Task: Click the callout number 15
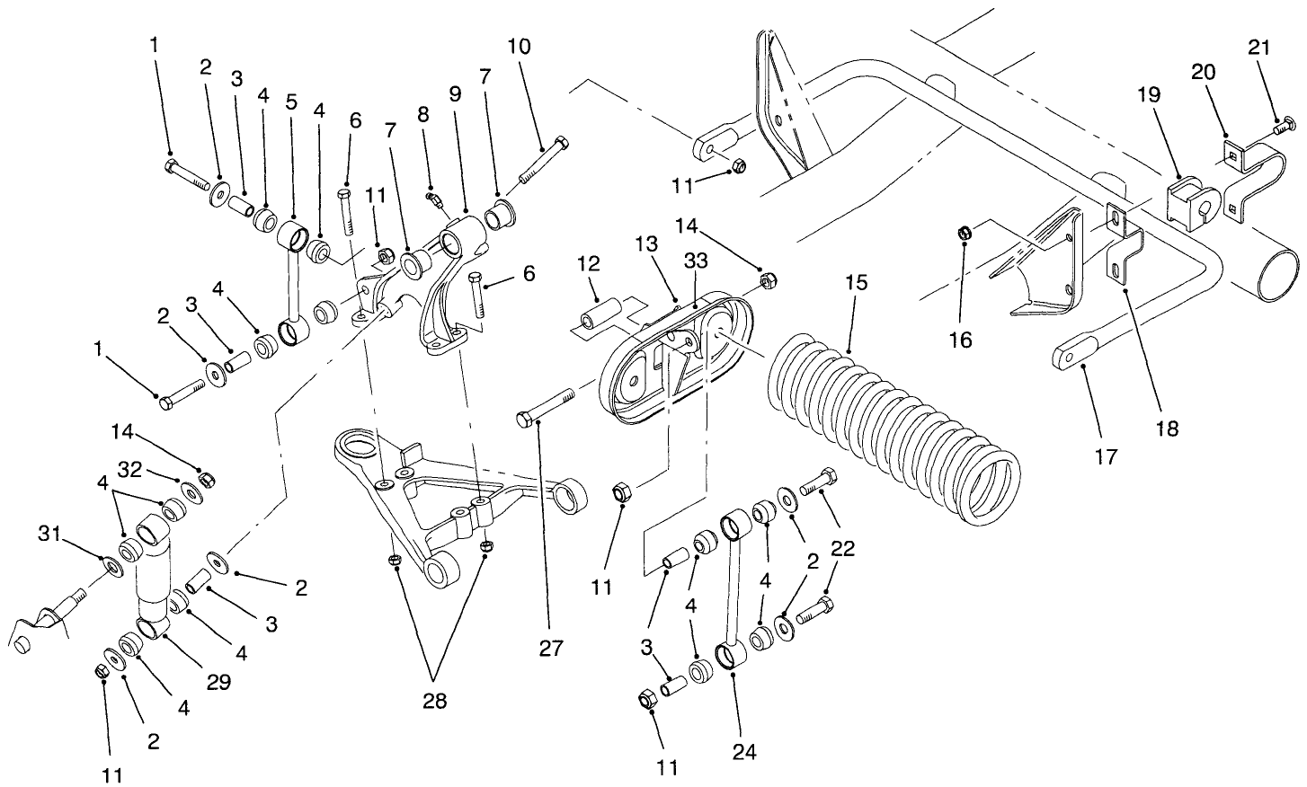pos(856,283)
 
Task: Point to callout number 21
pos(1259,48)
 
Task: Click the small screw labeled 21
pos(1283,128)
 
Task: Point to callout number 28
pos(434,699)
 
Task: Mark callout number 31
pos(50,535)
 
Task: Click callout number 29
pos(218,682)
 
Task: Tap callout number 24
pos(745,750)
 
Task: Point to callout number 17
pos(1107,456)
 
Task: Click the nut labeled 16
pos(965,234)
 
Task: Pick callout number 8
pos(423,114)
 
